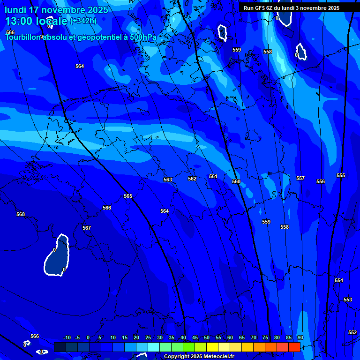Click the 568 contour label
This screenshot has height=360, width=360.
(x=21, y=214)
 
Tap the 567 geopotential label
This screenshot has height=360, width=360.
(x=87, y=228)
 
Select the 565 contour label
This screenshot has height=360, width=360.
(x=128, y=196)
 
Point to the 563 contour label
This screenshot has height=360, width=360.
(x=168, y=180)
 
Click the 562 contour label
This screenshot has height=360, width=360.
(x=192, y=179)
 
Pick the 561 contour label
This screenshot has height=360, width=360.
(x=213, y=176)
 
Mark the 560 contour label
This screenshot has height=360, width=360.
(x=236, y=181)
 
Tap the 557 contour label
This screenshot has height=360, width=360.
(x=300, y=178)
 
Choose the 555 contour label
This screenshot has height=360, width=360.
(x=341, y=175)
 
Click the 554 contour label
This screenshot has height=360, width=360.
(x=339, y=280)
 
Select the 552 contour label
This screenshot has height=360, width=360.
(x=352, y=332)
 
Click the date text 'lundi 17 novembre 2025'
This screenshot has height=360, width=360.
(x=56, y=10)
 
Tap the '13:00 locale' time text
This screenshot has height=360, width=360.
(x=36, y=21)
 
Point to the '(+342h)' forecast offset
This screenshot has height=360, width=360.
(x=83, y=21)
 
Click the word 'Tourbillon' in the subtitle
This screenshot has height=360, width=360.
(x=23, y=37)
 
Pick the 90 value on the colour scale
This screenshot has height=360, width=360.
(x=300, y=338)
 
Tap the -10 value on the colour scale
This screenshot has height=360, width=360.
(x=67, y=338)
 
